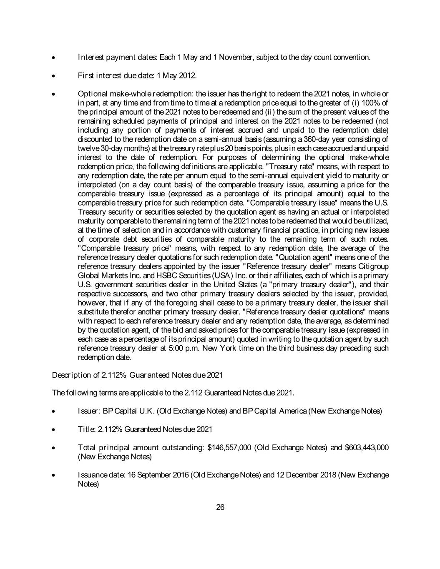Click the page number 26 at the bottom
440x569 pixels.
click(x=220, y=507)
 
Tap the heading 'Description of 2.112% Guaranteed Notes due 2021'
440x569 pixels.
click(x=137, y=375)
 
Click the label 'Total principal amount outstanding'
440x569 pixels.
click(x=141, y=448)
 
